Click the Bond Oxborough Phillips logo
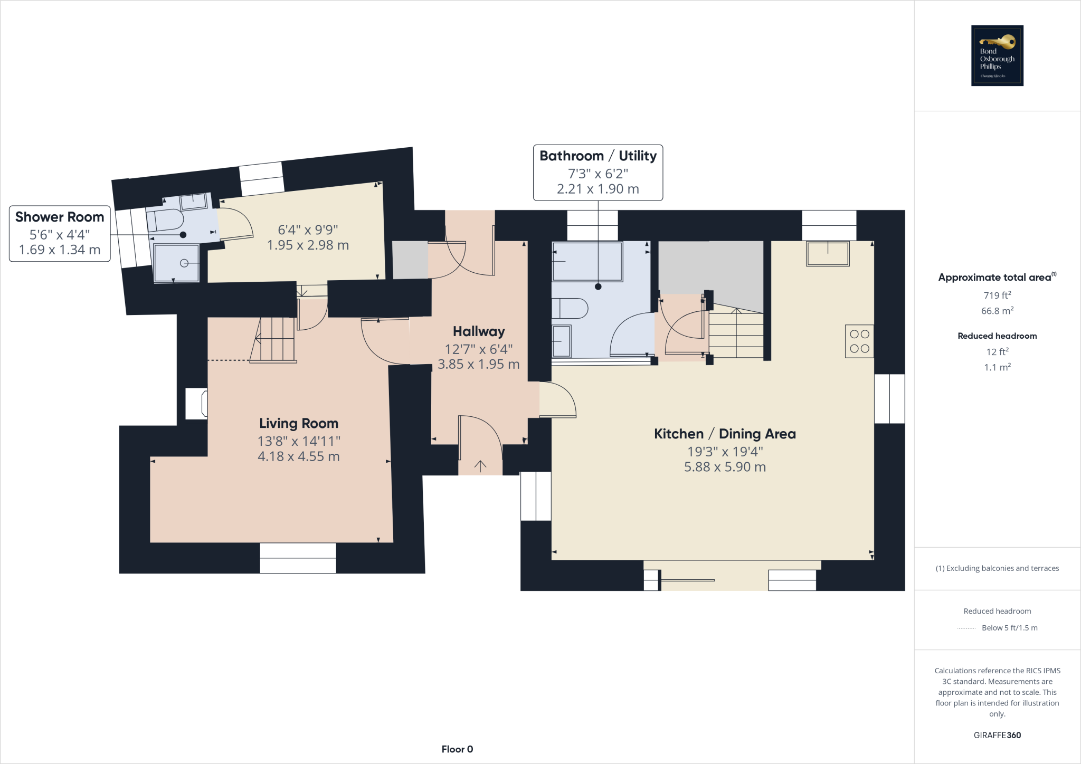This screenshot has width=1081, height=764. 997,55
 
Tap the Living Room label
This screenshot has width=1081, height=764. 299,423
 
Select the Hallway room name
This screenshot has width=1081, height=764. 479,331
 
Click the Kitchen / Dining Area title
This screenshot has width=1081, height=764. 725,434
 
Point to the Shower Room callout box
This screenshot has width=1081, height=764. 60,233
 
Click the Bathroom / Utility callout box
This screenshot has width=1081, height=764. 598,173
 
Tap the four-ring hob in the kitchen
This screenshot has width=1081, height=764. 859,341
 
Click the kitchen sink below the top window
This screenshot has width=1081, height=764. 827,254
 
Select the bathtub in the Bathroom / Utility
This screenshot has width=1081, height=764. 587,261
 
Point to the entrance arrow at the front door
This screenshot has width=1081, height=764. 480,465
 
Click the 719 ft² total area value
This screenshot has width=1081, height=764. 997,295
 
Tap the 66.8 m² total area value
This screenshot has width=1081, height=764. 997,311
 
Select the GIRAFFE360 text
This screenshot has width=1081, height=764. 997,735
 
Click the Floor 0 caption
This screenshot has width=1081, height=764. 457,749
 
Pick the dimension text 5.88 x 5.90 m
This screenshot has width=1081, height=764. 725,467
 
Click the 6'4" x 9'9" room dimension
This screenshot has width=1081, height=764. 308,230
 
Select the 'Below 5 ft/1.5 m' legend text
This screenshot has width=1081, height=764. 1009,628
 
